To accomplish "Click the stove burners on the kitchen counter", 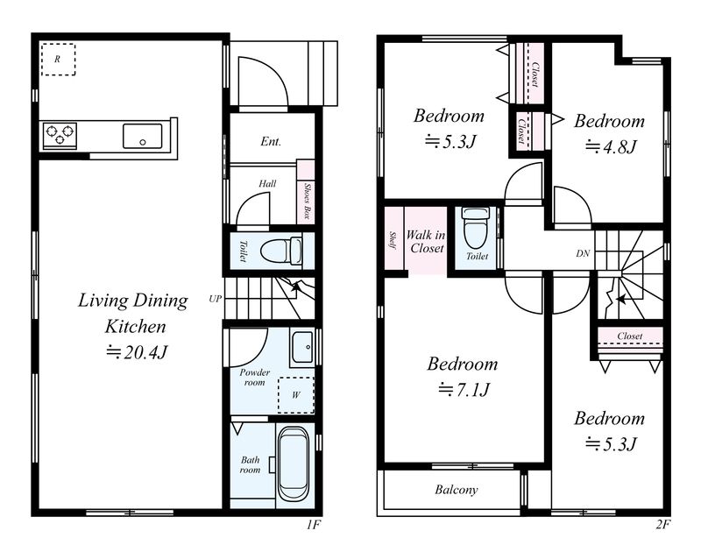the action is (60, 136).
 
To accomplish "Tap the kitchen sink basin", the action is (143, 137).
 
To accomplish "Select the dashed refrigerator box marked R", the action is (58, 59).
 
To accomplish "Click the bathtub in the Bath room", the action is (294, 465).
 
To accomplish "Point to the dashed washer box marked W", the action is (296, 395).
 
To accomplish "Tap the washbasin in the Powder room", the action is (302, 347).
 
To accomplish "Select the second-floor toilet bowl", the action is (477, 228).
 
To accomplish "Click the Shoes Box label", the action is (307, 201).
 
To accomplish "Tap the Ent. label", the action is (271, 142).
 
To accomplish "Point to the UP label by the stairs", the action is (215, 299).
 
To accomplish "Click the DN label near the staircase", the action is (583, 253).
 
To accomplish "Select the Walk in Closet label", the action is (426, 241).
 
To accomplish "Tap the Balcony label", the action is (456, 490).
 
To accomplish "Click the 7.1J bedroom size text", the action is (464, 390).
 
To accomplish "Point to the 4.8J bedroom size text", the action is (610, 146).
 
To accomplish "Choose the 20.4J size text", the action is (137, 352).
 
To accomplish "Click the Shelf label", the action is (393, 239).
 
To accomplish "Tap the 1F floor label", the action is (314, 524).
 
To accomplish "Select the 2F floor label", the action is (663, 524).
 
